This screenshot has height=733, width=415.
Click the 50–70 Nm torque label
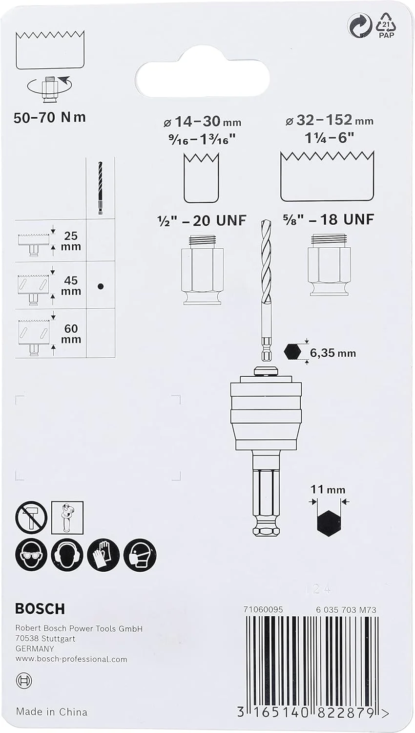(x=50, y=117)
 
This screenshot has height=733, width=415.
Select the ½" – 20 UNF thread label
(x=201, y=220)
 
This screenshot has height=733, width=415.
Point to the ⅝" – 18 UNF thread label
(x=328, y=219)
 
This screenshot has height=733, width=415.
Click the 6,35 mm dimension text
(x=332, y=353)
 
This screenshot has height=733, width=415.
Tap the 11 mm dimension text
(x=328, y=490)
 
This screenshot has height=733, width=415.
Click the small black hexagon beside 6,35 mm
(x=292, y=352)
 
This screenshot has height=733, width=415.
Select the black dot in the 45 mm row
(x=101, y=286)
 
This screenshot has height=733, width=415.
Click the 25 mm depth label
(x=71, y=241)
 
